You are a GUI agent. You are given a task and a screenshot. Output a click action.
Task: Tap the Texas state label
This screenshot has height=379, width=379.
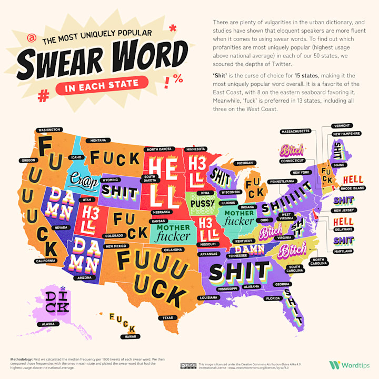[x=167, y=317]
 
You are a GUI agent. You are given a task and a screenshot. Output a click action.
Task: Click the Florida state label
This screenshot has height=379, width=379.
[x=273, y=298]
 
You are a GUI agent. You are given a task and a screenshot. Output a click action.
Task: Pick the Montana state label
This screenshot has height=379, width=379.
[x=97, y=141]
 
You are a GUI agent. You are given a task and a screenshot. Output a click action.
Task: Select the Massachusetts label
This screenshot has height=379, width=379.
[x=295, y=131]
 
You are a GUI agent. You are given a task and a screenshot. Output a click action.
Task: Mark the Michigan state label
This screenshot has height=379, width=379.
[x=245, y=163]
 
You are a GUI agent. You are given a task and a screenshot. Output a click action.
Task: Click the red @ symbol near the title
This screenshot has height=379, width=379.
[x=33, y=38]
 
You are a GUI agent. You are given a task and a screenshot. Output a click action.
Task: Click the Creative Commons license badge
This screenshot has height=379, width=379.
[x=188, y=365]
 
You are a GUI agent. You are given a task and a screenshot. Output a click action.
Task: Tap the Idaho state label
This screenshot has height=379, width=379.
[x=77, y=157]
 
